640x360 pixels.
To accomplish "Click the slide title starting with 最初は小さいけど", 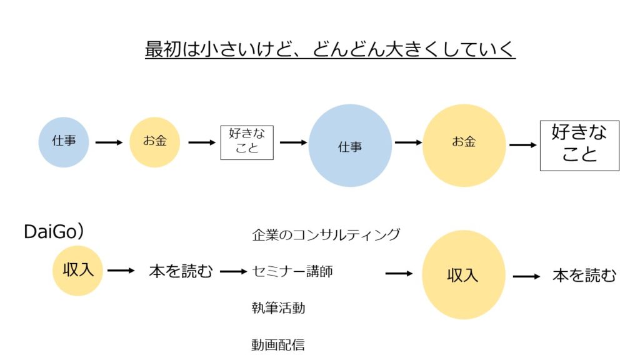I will [330, 48].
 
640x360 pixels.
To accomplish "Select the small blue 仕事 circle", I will [64, 142].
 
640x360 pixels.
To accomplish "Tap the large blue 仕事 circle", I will [350, 146].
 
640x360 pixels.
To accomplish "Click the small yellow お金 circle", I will [155, 142].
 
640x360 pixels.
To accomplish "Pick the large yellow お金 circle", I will [464, 146].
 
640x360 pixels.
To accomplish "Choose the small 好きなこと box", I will [247, 142].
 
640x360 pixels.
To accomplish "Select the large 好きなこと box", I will [579, 145].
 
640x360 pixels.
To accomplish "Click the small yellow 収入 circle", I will [77, 271].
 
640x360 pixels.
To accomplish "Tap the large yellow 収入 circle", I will [463, 274].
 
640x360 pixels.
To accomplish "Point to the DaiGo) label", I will [54, 232].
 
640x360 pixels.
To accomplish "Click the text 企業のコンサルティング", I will [326, 235].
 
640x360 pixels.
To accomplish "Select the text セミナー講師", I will [292, 271].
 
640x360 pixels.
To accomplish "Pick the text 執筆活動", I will [278, 307].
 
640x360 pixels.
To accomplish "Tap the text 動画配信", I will [278, 344].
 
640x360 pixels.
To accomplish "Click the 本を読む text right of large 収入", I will [584, 275].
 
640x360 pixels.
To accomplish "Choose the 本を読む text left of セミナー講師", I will [181, 271].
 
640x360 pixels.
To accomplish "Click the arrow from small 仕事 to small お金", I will [109, 142].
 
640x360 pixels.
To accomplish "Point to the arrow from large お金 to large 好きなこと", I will [523, 146].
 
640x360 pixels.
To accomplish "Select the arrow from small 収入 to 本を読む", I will [121, 271].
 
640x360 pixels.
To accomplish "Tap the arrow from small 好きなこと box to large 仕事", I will [293, 142].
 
